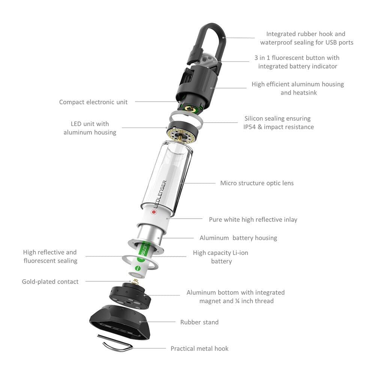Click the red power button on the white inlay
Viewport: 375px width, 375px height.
(154, 212)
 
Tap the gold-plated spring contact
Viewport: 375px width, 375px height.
(136, 282)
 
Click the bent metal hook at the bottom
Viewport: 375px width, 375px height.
(115, 343)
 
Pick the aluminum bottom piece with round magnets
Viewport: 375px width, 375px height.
(130, 296)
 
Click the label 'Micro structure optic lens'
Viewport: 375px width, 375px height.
(257, 183)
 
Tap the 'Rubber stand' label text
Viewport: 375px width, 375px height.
(199, 322)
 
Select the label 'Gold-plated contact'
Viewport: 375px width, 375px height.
(50, 282)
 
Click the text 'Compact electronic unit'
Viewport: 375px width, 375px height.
(93, 102)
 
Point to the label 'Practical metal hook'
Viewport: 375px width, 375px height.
(199, 348)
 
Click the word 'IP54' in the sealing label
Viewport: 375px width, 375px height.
(249, 127)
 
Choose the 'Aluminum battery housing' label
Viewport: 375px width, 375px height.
(238, 238)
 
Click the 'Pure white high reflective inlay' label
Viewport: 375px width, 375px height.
(253, 219)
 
